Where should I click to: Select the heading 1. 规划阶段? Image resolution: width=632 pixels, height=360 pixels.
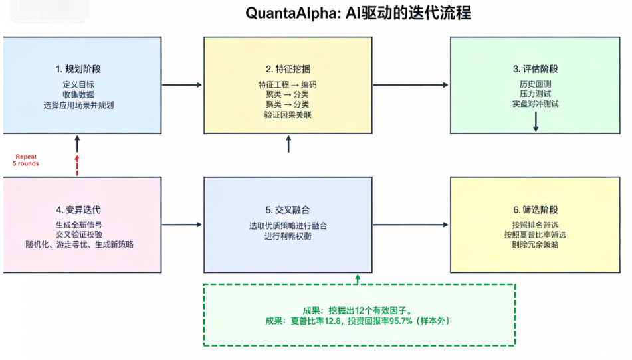coord(78,69)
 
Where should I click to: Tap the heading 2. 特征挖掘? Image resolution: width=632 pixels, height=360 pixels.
coord(288,69)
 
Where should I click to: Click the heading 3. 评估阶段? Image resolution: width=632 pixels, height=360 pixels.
coord(535,69)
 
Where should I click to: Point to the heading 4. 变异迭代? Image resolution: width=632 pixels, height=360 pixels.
coord(78,209)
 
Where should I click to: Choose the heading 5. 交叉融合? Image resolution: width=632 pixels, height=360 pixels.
coord(288,209)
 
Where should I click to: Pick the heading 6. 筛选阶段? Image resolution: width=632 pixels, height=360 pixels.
coord(535,209)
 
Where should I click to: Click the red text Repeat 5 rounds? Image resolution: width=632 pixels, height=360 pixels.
coord(27,160)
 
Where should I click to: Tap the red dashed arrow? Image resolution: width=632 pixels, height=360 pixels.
coord(77,164)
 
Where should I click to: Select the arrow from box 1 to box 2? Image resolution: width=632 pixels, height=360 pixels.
coord(181,85)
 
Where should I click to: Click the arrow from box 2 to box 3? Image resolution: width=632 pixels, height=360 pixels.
coord(411,85)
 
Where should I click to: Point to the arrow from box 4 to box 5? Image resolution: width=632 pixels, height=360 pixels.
coord(181,225)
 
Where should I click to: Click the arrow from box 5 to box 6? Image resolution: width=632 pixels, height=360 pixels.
coord(411,225)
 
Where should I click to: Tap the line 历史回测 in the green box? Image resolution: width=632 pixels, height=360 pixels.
coord(535,84)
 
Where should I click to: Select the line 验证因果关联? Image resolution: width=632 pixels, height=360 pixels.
coord(288,115)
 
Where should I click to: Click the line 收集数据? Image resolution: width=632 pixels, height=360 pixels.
coord(78,94)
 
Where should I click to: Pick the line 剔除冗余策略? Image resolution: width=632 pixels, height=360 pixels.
coord(535,244)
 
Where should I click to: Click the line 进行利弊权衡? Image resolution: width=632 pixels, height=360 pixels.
coord(288,236)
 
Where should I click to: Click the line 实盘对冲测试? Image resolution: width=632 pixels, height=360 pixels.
coord(535,104)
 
